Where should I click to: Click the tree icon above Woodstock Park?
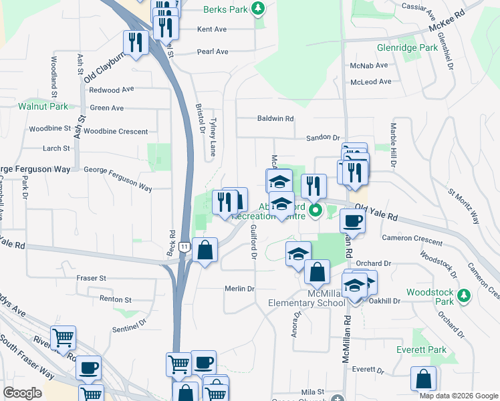point(462,294)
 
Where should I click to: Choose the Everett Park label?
point(428,350)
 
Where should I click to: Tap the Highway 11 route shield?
point(183,247)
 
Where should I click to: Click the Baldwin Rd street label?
point(275,119)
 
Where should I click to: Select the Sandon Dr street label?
point(323,138)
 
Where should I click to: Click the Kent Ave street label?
point(212,29)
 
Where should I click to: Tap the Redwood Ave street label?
point(112,90)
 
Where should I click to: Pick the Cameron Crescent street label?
point(412,239)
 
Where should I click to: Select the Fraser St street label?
point(92,278)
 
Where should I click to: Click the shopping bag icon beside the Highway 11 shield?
point(205,251)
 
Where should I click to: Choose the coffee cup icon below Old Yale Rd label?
point(352,221)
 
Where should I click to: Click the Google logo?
point(23,393)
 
